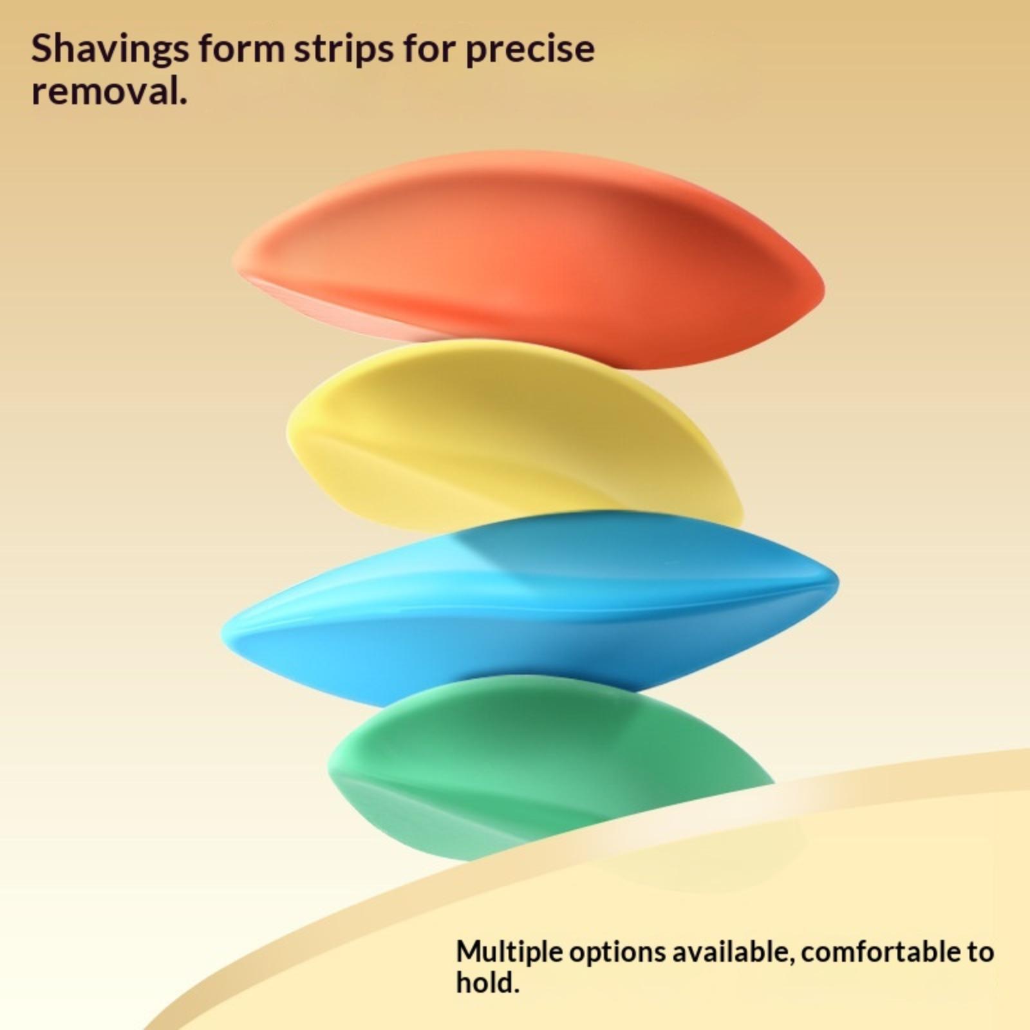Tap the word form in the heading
241,49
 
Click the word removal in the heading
109,91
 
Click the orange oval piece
528,261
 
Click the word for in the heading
428,49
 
